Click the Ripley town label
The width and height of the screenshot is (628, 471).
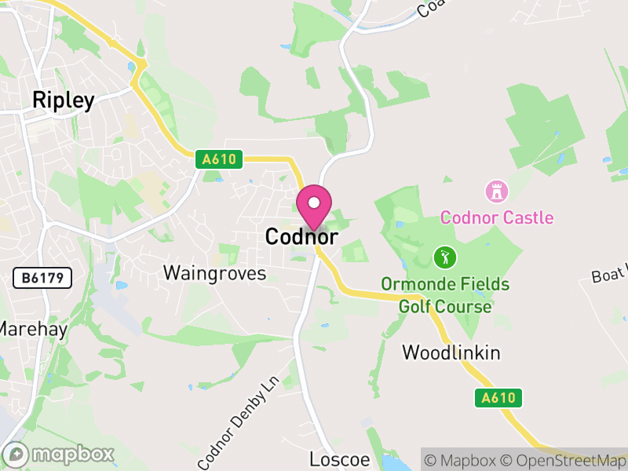63,100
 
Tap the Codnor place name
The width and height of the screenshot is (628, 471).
301,236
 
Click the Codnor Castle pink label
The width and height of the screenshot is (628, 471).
496,217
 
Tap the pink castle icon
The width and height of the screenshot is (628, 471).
496,191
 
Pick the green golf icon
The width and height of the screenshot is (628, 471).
445,257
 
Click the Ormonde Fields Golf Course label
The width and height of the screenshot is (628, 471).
445,294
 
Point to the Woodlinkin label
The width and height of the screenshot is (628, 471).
451,352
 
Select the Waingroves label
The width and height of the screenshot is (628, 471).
214,273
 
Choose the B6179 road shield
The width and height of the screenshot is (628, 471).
42,277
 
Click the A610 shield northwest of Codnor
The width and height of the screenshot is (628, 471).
219,159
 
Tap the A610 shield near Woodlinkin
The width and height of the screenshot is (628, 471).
498,398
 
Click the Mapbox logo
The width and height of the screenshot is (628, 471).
60,455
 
